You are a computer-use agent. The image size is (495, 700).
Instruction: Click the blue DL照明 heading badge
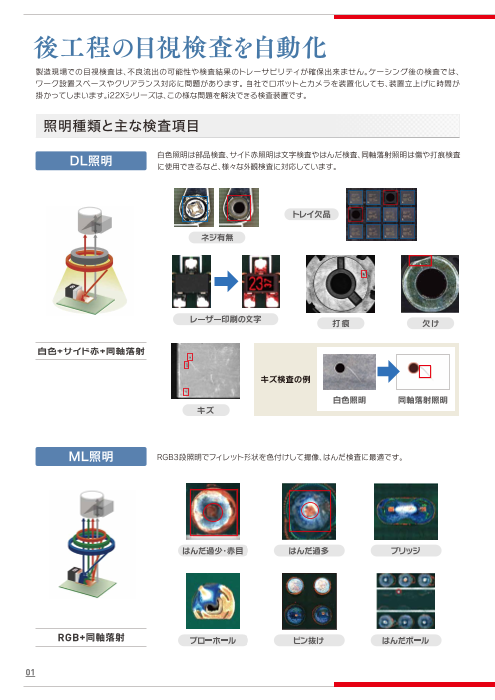click(x=91, y=161)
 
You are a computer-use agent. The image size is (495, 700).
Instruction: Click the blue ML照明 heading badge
click(x=91, y=456)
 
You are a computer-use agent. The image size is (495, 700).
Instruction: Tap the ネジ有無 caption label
click(x=217, y=237)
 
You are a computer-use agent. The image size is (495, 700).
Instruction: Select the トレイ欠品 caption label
click(x=311, y=215)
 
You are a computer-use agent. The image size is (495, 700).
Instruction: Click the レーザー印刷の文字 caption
click(x=226, y=319)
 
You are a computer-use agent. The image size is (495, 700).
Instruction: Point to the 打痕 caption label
click(x=341, y=323)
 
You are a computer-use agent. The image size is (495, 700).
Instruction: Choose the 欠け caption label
click(x=430, y=323)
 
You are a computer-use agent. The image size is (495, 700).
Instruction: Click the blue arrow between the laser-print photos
click(x=226, y=282)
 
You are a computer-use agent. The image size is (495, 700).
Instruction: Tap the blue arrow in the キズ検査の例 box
click(x=388, y=371)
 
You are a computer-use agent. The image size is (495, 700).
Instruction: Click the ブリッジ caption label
click(x=406, y=551)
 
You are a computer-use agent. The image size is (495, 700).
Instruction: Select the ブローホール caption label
click(x=213, y=641)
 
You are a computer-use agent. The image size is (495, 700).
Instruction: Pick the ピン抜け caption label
click(x=308, y=641)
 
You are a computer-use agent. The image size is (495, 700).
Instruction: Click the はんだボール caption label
click(x=406, y=641)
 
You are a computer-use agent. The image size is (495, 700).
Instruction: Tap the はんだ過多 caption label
click(x=308, y=551)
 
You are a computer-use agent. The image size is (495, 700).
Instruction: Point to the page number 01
click(x=30, y=673)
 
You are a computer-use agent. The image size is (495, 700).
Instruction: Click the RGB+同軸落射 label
click(x=91, y=637)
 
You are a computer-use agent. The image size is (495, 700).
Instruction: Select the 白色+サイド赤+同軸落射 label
click(x=91, y=351)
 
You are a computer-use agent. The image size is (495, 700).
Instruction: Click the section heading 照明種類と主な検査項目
click(x=121, y=126)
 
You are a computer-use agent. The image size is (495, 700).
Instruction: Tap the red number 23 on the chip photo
click(x=256, y=283)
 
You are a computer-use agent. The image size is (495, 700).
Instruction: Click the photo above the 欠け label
click(x=430, y=284)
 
